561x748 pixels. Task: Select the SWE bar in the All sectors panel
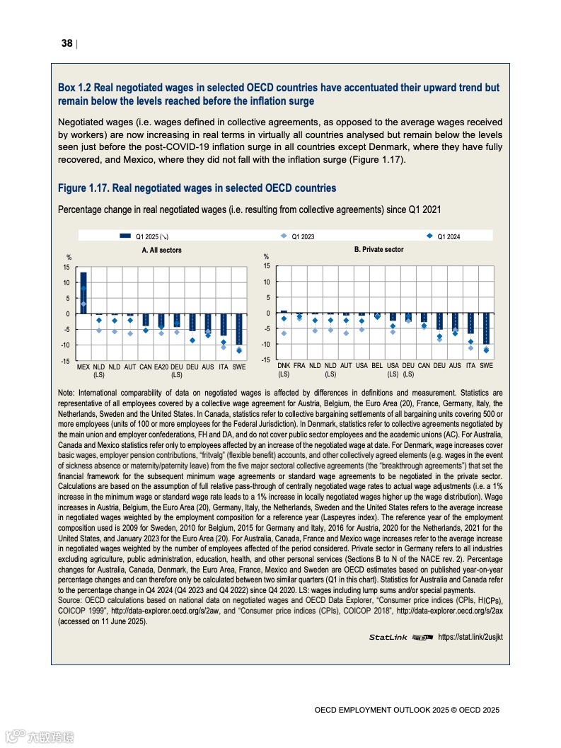point(239,330)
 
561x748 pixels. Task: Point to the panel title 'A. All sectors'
point(161,250)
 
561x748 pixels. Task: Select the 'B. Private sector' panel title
point(378,250)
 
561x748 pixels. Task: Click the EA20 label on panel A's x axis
point(161,367)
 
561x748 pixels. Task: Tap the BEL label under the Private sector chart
point(377,366)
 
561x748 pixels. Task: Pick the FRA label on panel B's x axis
point(299,366)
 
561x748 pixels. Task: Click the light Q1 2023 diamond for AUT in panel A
point(130,333)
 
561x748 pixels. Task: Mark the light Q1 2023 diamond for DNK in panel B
point(284,333)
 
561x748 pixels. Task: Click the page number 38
point(67,43)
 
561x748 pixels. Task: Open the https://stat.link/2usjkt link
point(470,637)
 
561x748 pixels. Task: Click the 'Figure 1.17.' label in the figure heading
point(83,188)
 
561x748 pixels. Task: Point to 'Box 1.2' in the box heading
point(74,88)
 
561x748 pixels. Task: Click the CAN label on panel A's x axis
point(146,367)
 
